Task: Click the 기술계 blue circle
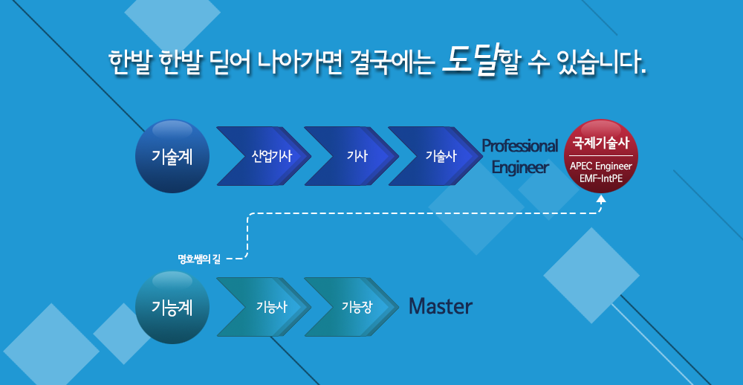click(172, 156)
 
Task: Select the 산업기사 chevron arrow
click(264, 156)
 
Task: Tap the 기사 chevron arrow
click(351, 156)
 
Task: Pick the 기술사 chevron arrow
click(435, 156)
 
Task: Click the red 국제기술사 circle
click(601, 156)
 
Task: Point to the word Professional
click(520, 146)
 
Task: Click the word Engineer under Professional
click(520, 167)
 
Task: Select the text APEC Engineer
click(601, 166)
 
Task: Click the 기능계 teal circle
click(172, 308)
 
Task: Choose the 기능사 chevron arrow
click(264, 307)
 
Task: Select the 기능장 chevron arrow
click(351, 307)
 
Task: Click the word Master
click(441, 307)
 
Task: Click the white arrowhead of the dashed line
click(601, 199)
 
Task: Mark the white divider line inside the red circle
click(601, 155)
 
